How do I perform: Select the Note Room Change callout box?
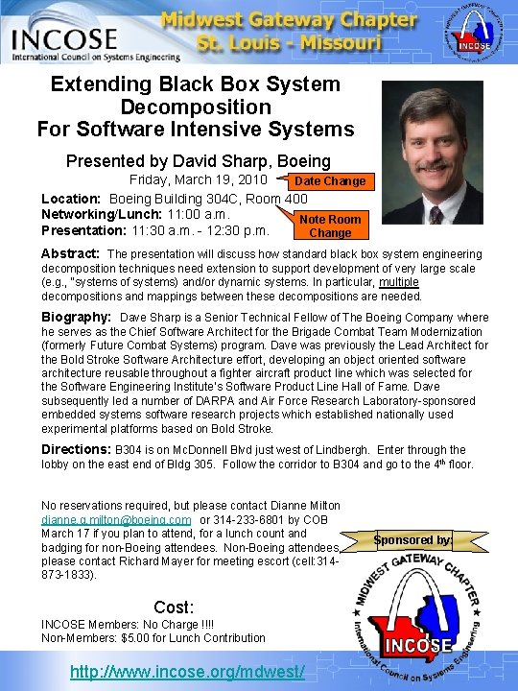(x=330, y=226)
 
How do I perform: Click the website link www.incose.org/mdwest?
(x=187, y=673)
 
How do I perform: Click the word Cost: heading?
(x=174, y=607)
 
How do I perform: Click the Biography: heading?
(x=77, y=317)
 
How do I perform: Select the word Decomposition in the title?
(x=196, y=107)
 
